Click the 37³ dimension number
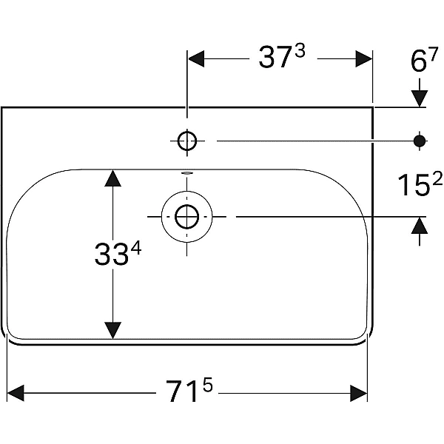tap(281, 58)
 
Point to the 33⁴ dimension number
tap(118, 255)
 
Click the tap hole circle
tap(187, 140)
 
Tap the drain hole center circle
tap(187, 217)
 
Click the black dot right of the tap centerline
tap(420, 140)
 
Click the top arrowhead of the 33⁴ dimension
tap(112, 178)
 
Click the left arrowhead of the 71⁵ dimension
tap(16, 392)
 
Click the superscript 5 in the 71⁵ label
tap(209, 385)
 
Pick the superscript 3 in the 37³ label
tap(300, 52)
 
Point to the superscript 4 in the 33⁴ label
tap(135, 249)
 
